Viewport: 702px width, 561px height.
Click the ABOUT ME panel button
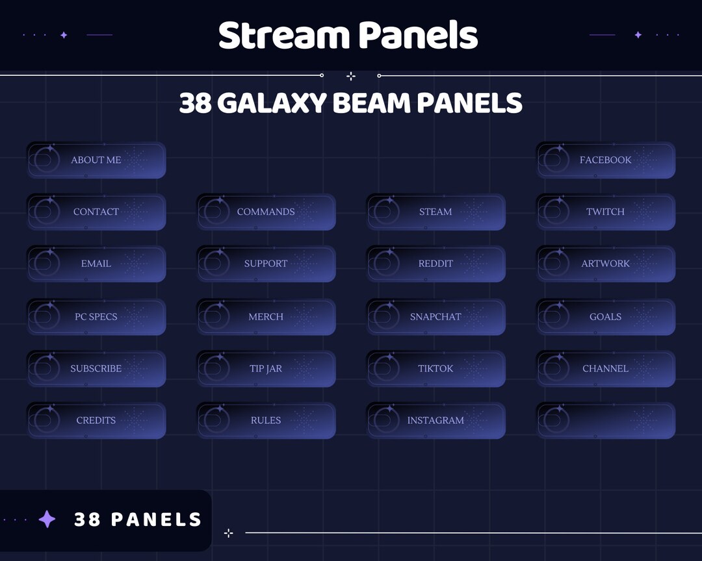click(96, 160)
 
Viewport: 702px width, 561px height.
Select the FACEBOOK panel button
click(606, 160)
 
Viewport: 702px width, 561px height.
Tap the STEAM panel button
click(435, 212)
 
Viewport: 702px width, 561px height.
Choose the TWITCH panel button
click(606, 212)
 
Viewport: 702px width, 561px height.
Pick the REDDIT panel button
click(435, 264)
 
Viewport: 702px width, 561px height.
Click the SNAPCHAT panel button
click(435, 317)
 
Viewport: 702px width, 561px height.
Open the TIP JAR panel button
click(266, 369)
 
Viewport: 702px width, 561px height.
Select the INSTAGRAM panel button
click(435, 421)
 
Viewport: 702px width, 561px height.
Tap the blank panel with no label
click(606, 421)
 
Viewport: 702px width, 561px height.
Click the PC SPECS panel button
click(96, 317)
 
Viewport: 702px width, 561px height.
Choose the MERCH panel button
click(266, 317)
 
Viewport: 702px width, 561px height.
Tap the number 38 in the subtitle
click(195, 103)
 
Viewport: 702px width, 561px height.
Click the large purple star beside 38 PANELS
click(47, 519)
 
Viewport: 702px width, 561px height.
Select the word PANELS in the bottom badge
click(156, 519)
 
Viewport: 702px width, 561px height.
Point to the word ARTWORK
click(605, 264)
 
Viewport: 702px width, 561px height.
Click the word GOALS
click(605, 317)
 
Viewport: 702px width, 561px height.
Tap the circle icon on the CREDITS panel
click(45, 419)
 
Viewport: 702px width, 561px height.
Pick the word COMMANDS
click(266, 212)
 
